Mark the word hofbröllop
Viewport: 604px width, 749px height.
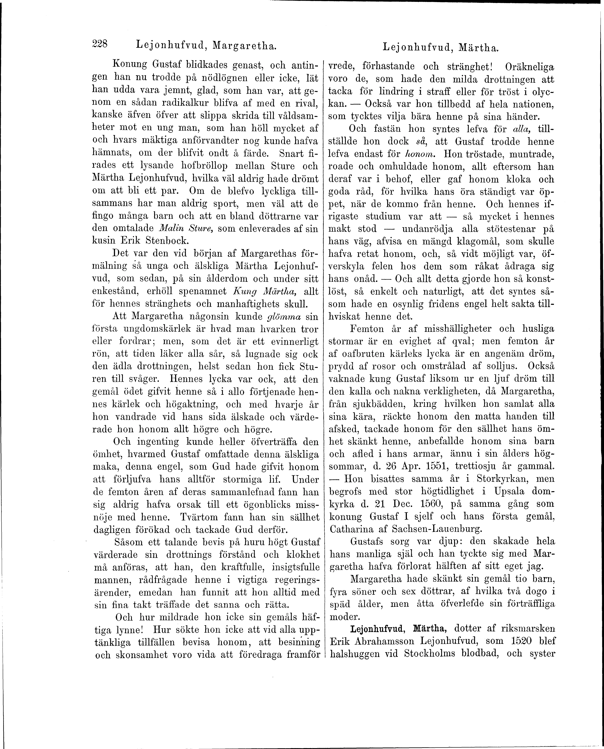[200, 166]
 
